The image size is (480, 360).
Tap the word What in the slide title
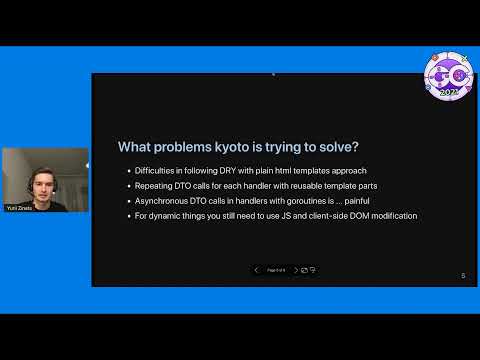click(135, 147)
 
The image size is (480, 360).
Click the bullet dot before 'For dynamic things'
click(127, 216)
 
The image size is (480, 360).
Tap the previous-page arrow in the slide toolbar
click(256, 270)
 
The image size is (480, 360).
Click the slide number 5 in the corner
click(463, 276)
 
